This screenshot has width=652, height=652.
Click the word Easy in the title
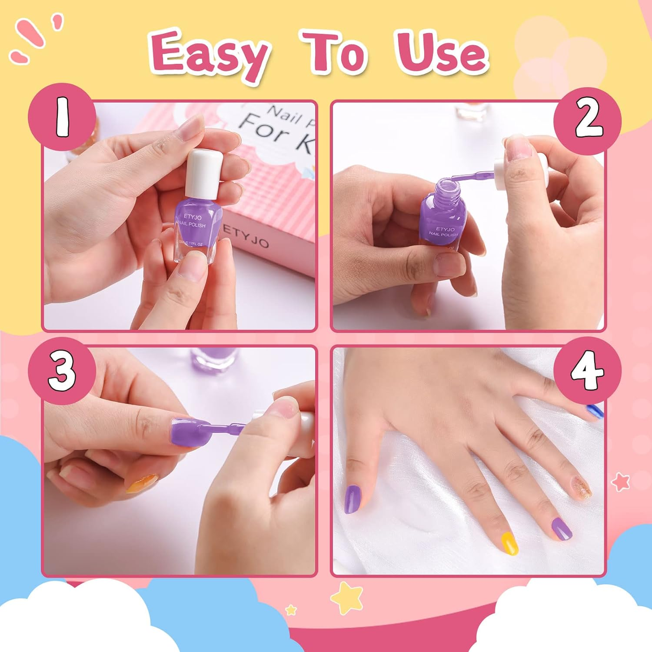pos(209,54)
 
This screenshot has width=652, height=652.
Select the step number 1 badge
pos(62,117)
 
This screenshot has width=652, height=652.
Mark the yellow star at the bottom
pos(346,598)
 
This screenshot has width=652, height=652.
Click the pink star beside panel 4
pos(620,482)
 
